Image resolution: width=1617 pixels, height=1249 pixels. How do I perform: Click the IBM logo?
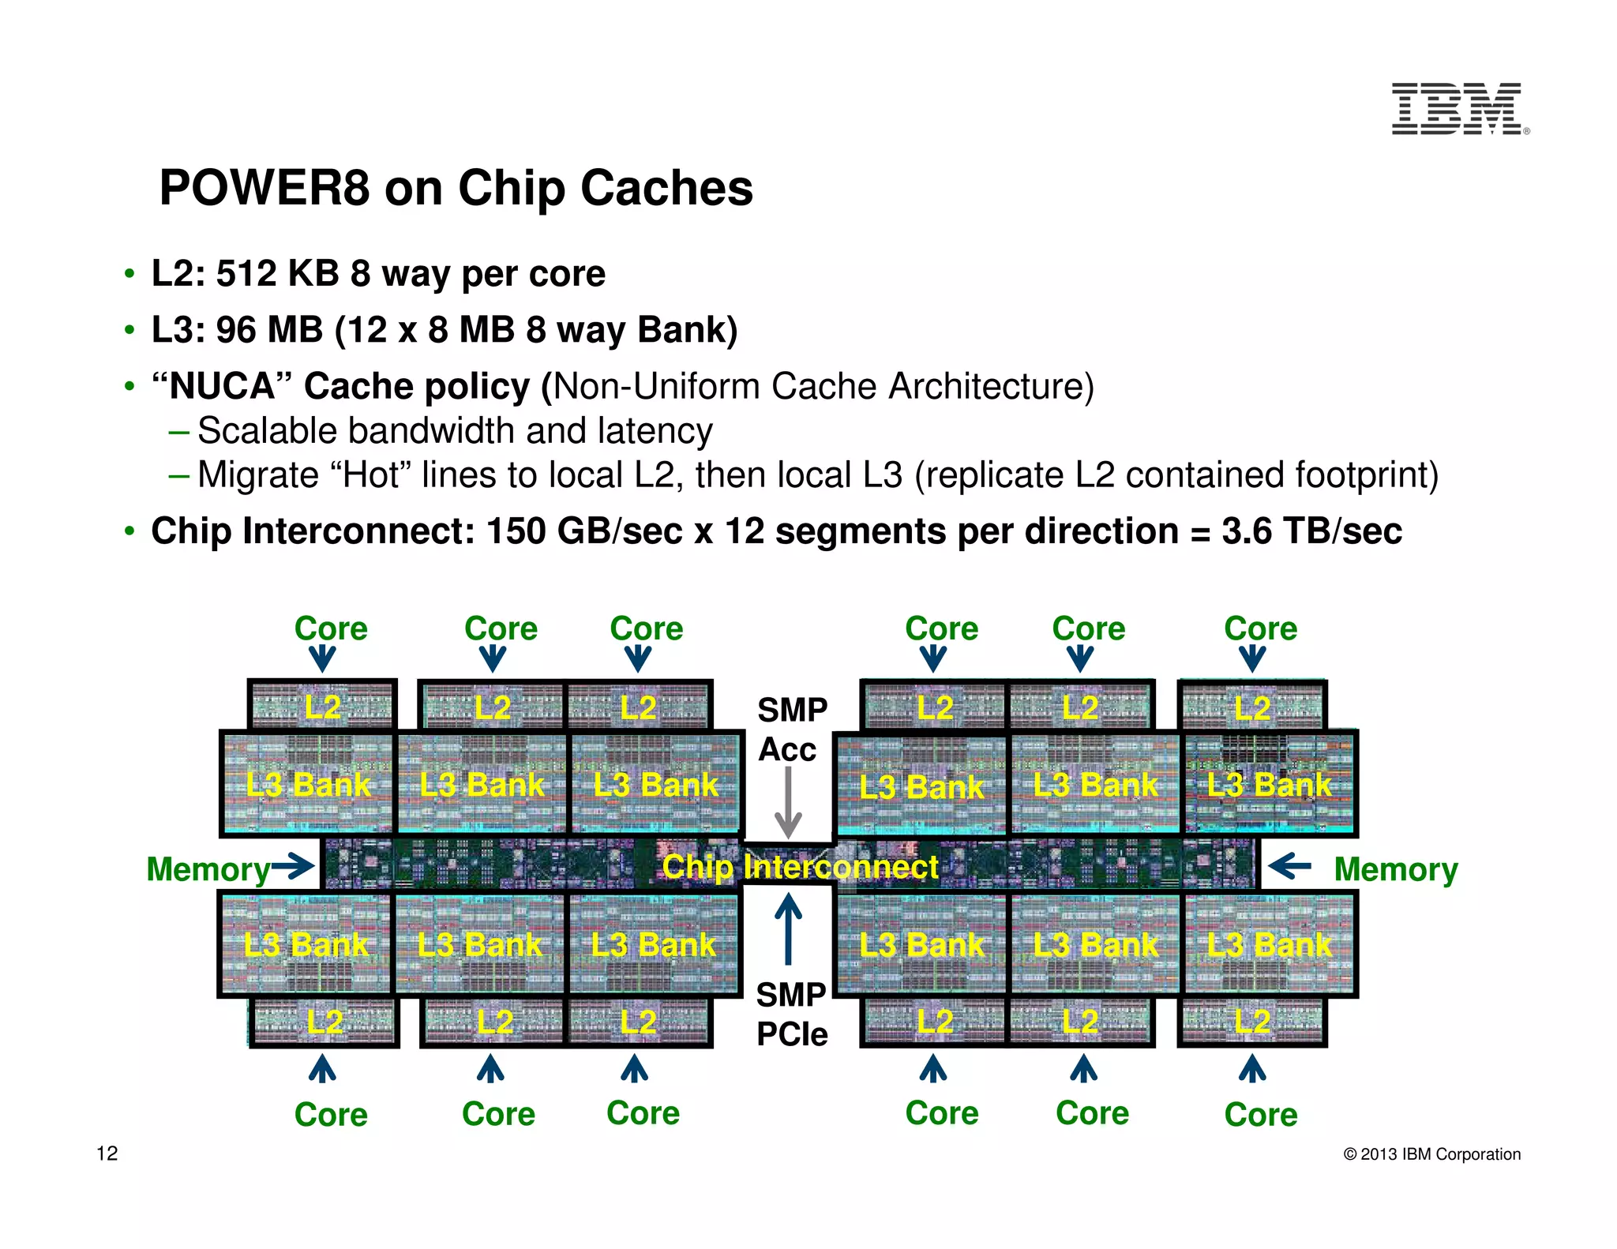click(x=1458, y=109)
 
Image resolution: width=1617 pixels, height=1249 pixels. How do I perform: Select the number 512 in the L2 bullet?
click(x=246, y=274)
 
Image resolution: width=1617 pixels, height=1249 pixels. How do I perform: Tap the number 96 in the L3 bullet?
click(x=236, y=330)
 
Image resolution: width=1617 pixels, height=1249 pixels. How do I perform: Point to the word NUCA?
click(x=222, y=387)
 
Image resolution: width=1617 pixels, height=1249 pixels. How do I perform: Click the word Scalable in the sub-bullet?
click(x=267, y=431)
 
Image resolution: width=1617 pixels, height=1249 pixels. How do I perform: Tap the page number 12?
click(x=107, y=1153)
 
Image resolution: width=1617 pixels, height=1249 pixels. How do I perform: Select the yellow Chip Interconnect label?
click(x=800, y=867)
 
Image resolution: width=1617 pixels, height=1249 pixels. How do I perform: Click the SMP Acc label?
click(x=791, y=730)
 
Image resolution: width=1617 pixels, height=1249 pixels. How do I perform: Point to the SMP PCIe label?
click(x=791, y=1015)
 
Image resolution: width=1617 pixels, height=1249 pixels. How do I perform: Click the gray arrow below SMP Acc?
click(x=788, y=803)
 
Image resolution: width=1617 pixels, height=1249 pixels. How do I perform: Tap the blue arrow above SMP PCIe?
click(x=788, y=928)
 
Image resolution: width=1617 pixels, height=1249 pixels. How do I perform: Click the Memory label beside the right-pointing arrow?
click(x=208, y=870)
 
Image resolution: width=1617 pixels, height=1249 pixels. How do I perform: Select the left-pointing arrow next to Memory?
click(x=1289, y=866)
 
